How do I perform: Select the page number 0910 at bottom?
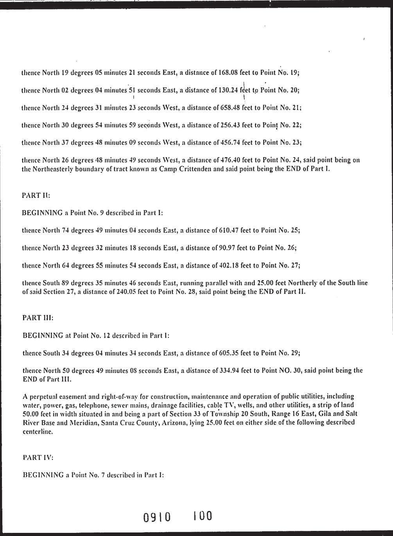(x=157, y=517)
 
